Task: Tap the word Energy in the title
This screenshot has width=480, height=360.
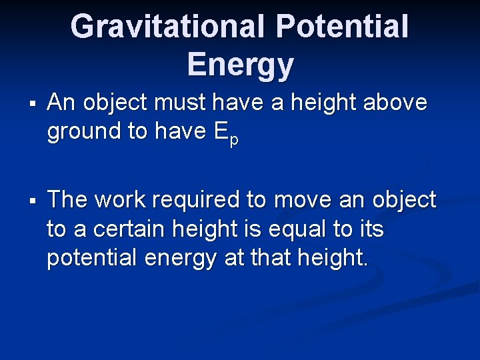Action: coord(240,65)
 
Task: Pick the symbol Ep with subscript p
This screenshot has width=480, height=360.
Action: coord(227,133)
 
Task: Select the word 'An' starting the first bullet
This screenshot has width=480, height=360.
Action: coord(60,103)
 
